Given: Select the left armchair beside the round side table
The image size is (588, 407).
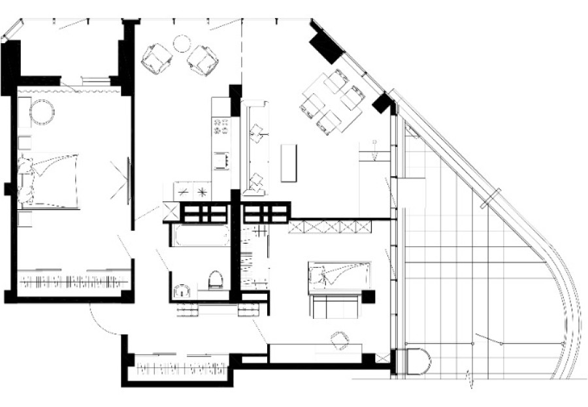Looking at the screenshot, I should tap(157, 58).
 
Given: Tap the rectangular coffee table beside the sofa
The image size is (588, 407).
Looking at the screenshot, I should tap(288, 163).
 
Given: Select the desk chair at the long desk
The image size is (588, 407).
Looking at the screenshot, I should tap(339, 340).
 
